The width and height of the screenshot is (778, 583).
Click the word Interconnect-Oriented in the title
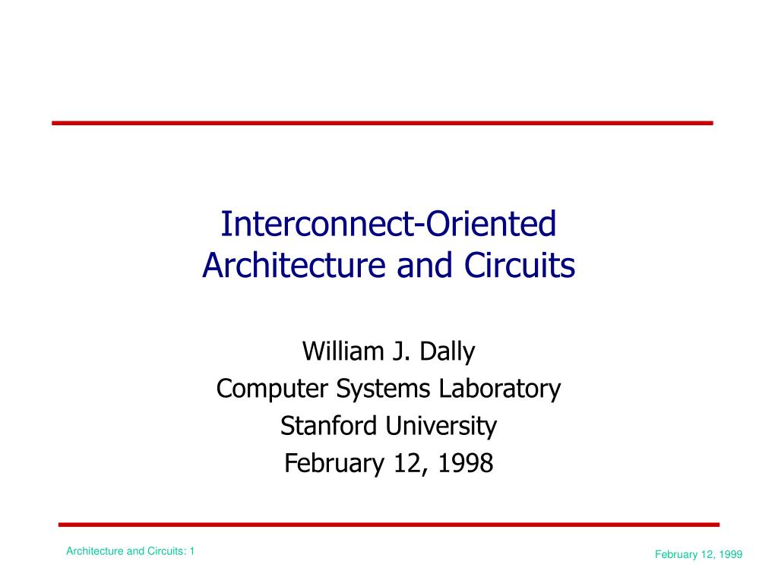tap(388, 224)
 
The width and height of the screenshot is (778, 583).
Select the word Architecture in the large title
tap(286, 266)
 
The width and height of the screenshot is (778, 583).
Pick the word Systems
tap(385, 389)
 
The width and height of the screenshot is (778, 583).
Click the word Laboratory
tap(499, 389)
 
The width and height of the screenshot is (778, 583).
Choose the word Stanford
tap(329, 426)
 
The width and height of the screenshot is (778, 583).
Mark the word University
tap(440, 426)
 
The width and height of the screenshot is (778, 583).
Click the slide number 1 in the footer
tap(192, 551)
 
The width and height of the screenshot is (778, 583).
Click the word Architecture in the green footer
tap(94, 551)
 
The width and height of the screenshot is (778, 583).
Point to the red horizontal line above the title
tap(382, 122)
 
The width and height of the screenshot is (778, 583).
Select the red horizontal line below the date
tap(388, 524)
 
